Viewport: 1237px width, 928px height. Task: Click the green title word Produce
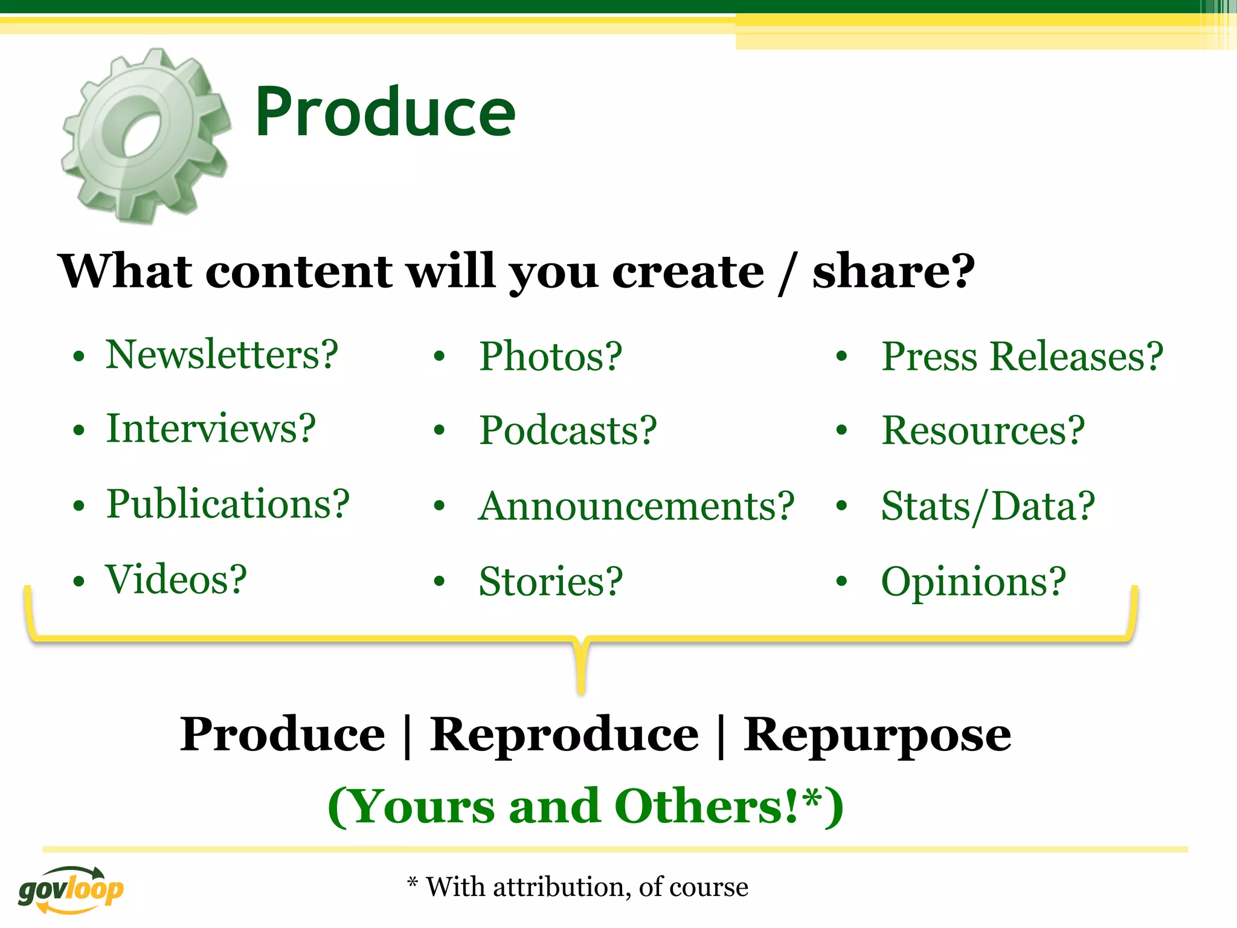click(385, 112)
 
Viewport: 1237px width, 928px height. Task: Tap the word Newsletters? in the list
click(222, 355)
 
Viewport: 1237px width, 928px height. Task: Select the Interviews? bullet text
click(211, 429)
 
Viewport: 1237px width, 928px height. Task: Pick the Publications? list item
click(228, 504)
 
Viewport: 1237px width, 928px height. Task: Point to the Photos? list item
click(550, 356)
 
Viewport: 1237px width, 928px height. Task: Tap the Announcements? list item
click(636, 506)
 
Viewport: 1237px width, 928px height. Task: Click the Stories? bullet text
click(550, 582)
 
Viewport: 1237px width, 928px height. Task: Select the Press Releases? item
click(1022, 356)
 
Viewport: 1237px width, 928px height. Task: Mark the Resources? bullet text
click(983, 431)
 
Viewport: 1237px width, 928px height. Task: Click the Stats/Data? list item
click(988, 506)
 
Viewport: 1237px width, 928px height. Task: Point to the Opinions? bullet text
click(973, 582)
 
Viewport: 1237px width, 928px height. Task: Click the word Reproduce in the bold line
click(564, 735)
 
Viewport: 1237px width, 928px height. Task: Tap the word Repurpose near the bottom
click(877, 736)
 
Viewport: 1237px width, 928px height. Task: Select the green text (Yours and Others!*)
click(585, 807)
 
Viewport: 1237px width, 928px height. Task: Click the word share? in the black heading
click(893, 272)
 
